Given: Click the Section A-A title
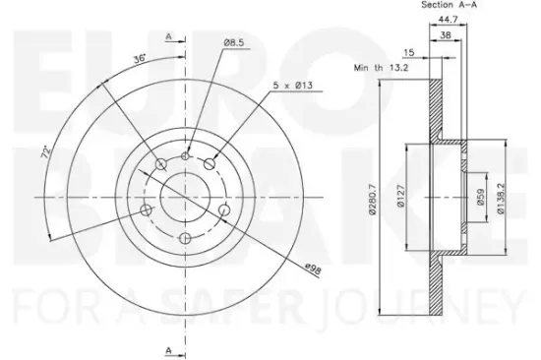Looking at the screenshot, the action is point(449,5).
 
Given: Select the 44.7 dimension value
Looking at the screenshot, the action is point(448,20).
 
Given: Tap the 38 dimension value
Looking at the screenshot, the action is point(446,35).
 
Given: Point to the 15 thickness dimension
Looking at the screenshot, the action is point(409,53).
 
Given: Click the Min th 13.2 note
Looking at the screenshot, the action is point(381,68).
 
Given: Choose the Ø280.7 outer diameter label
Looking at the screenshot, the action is point(372,200).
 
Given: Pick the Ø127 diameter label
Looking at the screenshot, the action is point(400,196).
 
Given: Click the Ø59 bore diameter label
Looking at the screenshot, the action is point(481,197).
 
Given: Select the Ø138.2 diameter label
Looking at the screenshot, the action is point(501,199).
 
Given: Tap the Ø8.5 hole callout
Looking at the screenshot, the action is point(234,43).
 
